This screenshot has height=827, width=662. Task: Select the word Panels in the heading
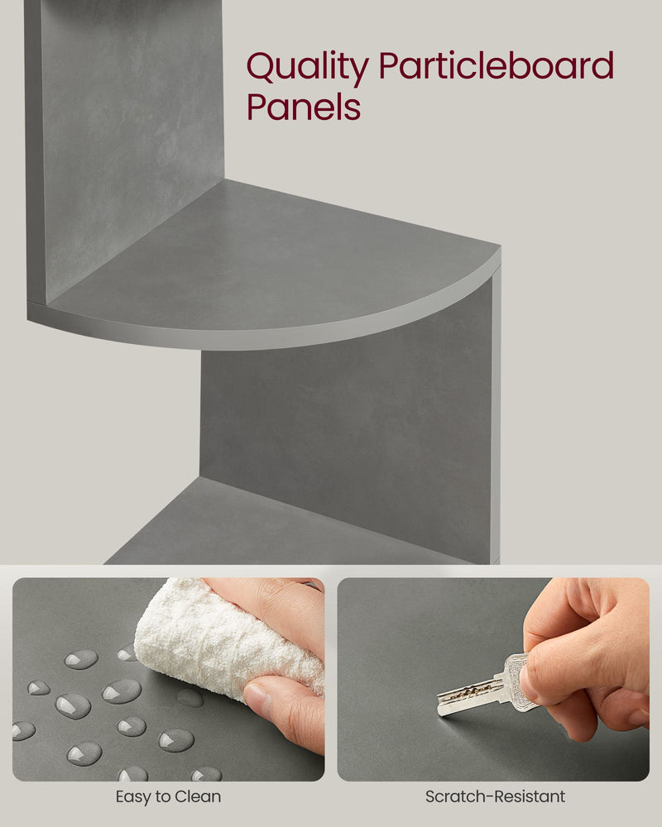pyautogui.click(x=304, y=108)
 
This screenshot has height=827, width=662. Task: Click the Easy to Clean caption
pyautogui.click(x=168, y=797)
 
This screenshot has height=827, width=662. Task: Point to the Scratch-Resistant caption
pyautogui.click(x=495, y=797)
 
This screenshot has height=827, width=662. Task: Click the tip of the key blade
pyautogui.click(x=440, y=709)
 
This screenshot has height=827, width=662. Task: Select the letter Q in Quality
pyautogui.click(x=262, y=68)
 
